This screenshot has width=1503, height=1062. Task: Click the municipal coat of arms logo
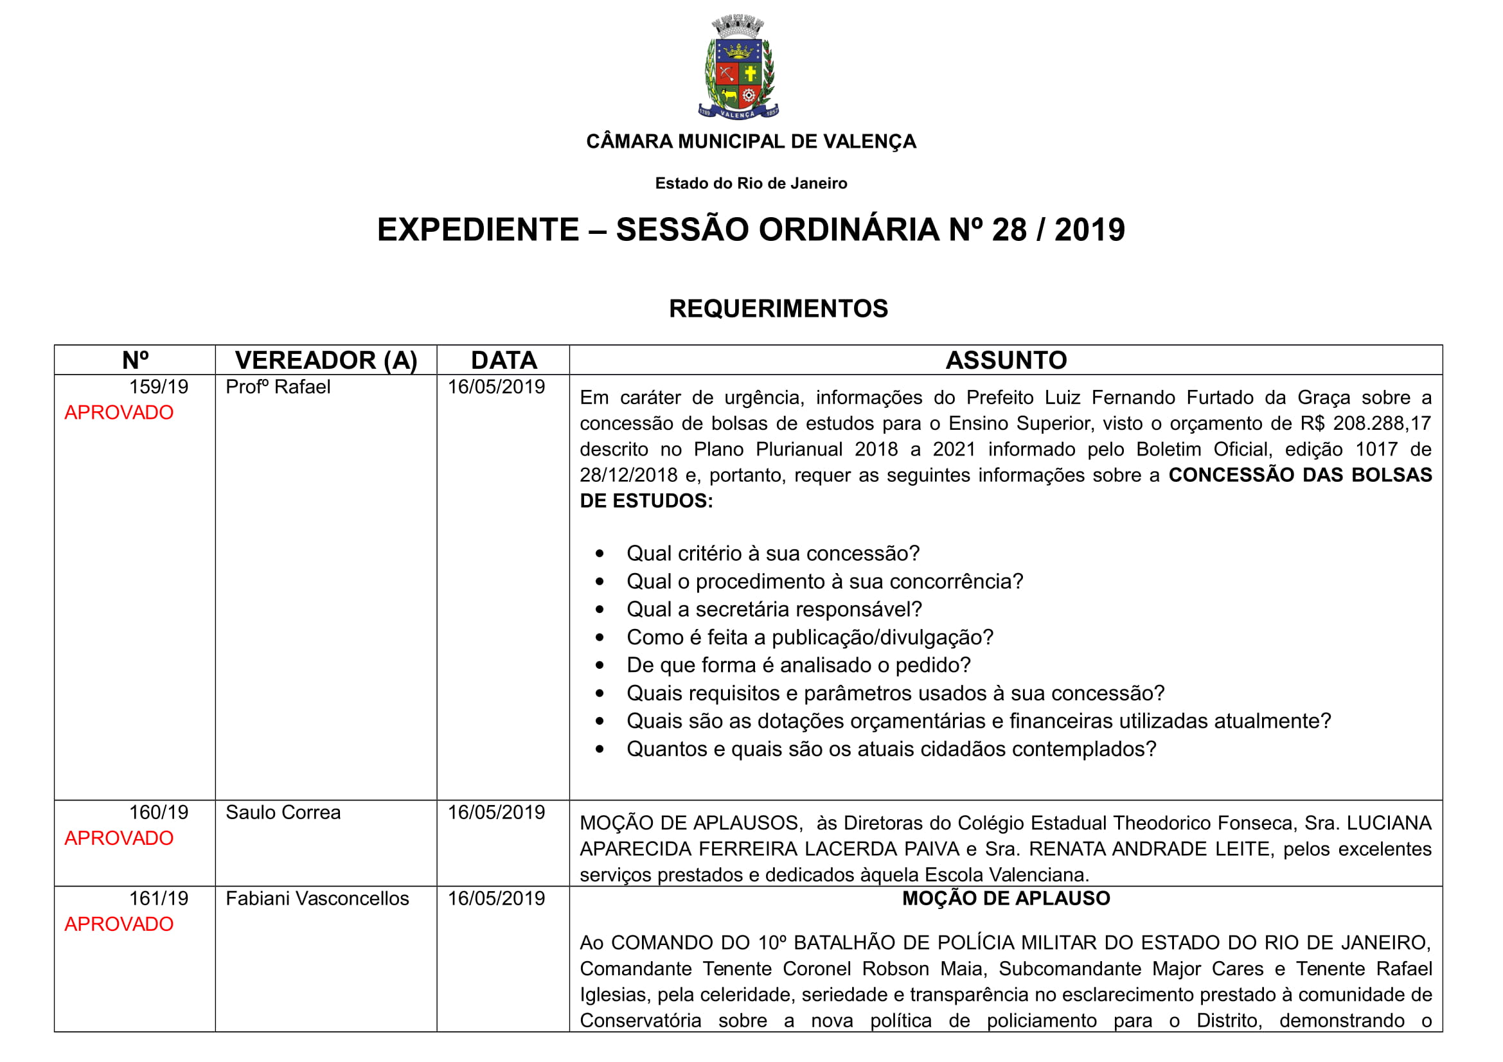[x=738, y=67]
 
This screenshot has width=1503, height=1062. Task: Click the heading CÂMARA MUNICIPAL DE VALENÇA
[x=751, y=141]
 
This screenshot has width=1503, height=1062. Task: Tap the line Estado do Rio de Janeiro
[x=751, y=183]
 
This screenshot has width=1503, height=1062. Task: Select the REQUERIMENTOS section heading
[x=778, y=308]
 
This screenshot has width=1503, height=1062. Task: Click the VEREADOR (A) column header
[x=326, y=360]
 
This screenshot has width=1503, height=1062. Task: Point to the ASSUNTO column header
[x=1006, y=360]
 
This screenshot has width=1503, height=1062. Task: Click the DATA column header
[x=503, y=360]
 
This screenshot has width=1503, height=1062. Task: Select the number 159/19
[x=159, y=387]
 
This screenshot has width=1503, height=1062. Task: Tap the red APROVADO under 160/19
[x=118, y=838]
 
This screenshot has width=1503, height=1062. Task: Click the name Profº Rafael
[x=278, y=387]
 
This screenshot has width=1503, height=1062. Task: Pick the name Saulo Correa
[x=283, y=813]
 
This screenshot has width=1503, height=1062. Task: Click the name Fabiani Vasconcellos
[x=317, y=898]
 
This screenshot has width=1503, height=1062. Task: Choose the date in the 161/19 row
[x=495, y=898]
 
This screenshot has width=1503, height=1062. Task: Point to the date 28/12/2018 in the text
[x=628, y=475]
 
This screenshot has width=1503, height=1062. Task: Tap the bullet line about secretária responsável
[x=774, y=609]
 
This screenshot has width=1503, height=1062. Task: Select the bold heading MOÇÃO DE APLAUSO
[x=1006, y=898]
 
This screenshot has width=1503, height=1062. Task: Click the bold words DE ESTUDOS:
[x=646, y=500]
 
